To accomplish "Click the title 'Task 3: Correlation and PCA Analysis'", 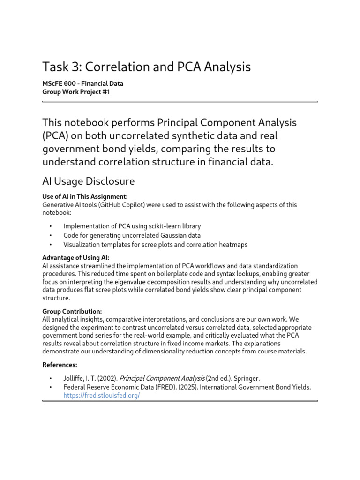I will (146, 67).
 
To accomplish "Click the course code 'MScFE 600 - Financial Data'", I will (83, 84).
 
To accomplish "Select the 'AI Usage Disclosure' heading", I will (89, 181).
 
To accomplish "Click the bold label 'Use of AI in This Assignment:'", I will (85, 197).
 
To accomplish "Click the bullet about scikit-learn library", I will (132, 226).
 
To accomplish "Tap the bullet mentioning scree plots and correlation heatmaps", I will (155, 244).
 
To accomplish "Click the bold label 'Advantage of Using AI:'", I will (75, 258).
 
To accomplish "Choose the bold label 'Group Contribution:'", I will (72, 311).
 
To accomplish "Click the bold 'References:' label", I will (60, 364).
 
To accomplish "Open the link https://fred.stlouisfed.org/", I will (102, 395).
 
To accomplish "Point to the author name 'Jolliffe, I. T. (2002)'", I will (90, 378).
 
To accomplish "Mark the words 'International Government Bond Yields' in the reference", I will (258, 387).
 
